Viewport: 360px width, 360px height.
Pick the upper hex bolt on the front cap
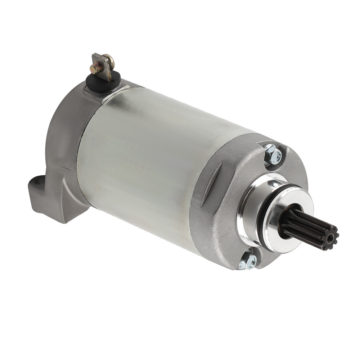coord(273,155)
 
